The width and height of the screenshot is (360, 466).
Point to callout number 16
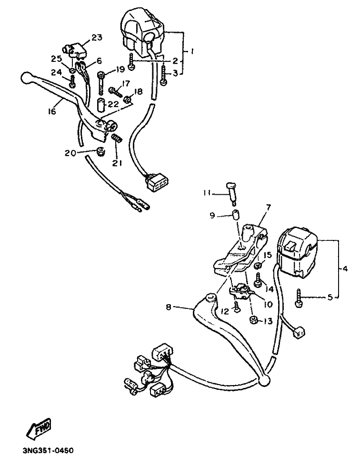(52, 111)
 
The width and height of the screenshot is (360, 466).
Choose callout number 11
(206, 193)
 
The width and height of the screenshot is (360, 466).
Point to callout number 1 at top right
(191, 50)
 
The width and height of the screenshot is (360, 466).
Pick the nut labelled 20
(100, 152)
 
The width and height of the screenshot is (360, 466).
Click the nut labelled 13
(254, 321)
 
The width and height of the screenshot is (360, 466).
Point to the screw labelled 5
(299, 298)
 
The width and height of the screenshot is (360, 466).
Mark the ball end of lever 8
(265, 379)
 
